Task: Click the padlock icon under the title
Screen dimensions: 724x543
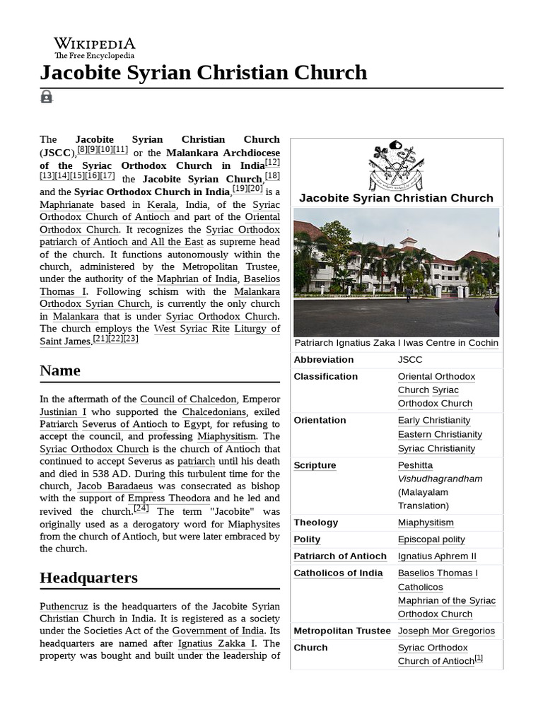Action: (x=47, y=97)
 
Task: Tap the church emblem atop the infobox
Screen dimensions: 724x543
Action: (x=396, y=165)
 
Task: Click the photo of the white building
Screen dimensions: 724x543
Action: (x=396, y=272)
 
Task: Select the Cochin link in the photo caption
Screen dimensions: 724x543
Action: (x=483, y=343)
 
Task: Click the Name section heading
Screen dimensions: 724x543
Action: (x=60, y=370)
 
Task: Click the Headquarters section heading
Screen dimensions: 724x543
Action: (x=88, y=578)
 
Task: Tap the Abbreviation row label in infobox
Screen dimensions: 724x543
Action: (x=323, y=359)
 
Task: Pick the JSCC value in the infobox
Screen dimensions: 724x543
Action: (x=410, y=359)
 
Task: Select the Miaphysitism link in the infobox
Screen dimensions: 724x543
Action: (x=426, y=522)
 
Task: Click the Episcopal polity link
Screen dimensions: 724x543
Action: (x=431, y=539)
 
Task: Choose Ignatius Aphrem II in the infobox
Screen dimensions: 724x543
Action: (x=437, y=556)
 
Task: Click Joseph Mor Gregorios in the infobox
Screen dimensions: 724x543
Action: (x=446, y=631)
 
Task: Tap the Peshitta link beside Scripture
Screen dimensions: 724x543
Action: (x=415, y=465)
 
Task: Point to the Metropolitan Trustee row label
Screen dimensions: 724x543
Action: (x=342, y=631)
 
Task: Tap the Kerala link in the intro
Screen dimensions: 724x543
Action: (x=161, y=204)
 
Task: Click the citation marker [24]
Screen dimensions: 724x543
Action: (x=141, y=508)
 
